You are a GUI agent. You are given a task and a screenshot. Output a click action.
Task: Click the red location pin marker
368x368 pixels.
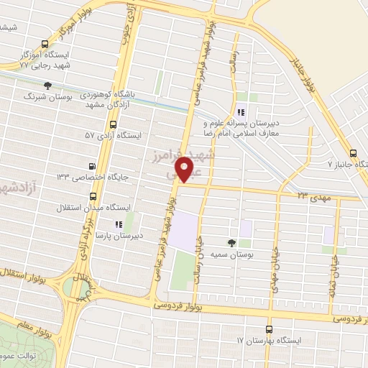[187, 170]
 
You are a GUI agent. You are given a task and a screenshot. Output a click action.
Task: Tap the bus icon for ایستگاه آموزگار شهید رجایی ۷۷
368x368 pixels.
[47, 43]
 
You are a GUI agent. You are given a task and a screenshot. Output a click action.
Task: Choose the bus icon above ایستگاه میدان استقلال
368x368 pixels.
[92, 195]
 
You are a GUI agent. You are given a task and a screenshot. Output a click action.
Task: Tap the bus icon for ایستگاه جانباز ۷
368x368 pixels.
[352, 153]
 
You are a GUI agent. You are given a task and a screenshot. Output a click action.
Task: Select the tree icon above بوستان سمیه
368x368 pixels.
[231, 243]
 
